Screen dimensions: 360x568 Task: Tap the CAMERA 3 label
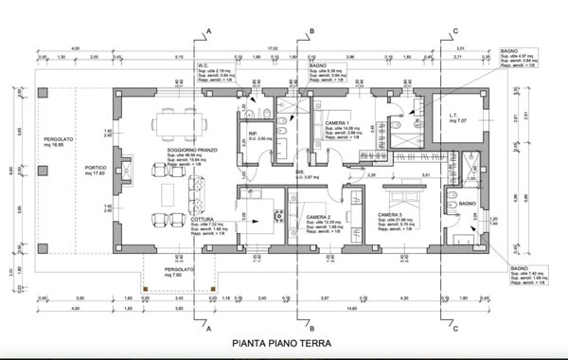click(x=391, y=215)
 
